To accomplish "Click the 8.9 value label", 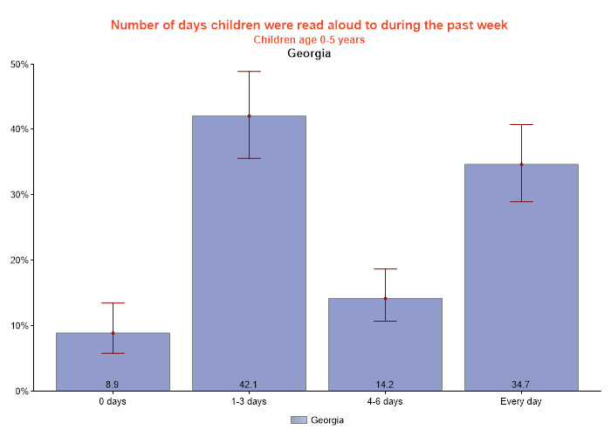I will pos(113,385).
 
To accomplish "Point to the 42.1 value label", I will pos(249,385).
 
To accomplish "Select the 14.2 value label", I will pos(385,385).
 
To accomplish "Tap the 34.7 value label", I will pos(521,385).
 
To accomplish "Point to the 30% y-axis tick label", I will pos(19,195).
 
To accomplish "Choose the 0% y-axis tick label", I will pos(21,392).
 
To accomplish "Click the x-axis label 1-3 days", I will pos(249,402).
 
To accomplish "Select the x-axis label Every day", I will pos(521,402).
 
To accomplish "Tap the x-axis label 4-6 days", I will pos(385,402).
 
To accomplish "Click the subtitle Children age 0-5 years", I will pos(309,39).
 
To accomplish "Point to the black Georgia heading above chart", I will pos(309,53).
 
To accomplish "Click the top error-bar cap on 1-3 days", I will pos(249,72).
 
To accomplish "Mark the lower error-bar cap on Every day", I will pos(521,202).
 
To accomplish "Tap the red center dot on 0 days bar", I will pos(113,333).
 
